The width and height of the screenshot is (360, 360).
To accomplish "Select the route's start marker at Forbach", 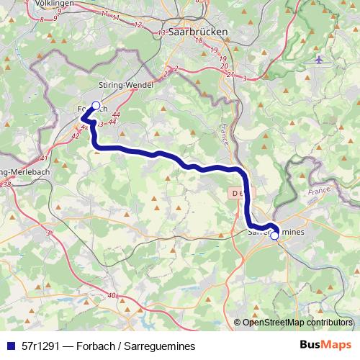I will [x=96, y=105].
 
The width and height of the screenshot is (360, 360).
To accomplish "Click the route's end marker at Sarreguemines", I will [x=274, y=235].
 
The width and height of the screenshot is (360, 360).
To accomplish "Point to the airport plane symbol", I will [x=319, y=59].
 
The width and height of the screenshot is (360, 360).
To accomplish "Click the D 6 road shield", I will [x=238, y=193].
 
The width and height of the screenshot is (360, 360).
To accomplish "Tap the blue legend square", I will [x=9, y=346].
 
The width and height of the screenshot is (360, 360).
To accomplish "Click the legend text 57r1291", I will [x=40, y=346].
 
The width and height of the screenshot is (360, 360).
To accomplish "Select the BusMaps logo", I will [x=325, y=345].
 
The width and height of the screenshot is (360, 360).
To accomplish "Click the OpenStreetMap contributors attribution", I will [x=297, y=323].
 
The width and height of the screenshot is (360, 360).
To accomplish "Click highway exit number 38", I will [x=6, y=185].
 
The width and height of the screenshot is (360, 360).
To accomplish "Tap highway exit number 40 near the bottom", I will [x=112, y=295].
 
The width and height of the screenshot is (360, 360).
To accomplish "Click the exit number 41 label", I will [x=44, y=158].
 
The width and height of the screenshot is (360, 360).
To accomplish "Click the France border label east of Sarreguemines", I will [x=318, y=193].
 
